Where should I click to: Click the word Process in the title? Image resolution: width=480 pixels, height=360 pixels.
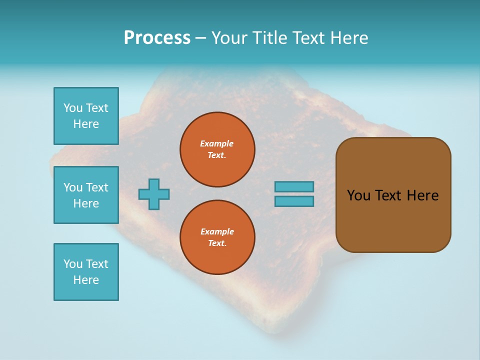157,38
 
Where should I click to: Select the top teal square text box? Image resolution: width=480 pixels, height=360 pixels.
86,116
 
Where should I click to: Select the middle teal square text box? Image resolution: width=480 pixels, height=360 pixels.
86,195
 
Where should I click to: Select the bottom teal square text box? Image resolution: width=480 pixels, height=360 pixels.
86,272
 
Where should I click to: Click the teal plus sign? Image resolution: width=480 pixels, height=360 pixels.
154,194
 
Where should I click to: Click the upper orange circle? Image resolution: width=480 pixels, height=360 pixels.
217,149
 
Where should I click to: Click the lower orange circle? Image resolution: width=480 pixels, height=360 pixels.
217,237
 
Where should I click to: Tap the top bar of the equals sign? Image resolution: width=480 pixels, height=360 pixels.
294,186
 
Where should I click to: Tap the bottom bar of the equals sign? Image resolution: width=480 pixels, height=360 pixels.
294,201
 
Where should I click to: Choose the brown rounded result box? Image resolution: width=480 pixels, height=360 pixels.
393,195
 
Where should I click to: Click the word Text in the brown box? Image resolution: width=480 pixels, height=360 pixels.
388,195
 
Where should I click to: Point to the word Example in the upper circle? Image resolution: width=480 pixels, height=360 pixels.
217,143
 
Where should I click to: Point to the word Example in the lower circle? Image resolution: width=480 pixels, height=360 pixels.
217,231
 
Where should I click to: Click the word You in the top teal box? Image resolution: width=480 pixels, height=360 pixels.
73,108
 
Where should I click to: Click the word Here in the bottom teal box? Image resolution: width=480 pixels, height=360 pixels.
86,280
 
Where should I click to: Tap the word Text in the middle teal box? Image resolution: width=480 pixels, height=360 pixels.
96,187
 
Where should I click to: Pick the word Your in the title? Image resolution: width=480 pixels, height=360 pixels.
228,38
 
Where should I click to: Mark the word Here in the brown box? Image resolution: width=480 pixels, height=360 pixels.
422,195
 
